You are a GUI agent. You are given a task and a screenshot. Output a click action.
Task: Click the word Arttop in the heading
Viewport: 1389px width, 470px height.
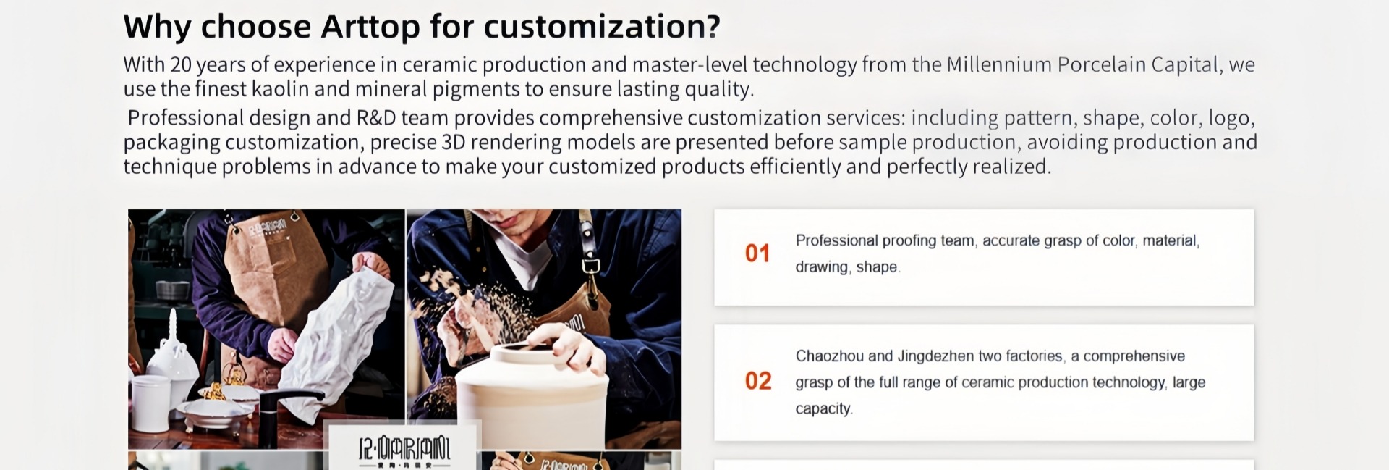[x=370, y=28]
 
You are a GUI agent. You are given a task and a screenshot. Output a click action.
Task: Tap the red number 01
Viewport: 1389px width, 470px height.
[x=757, y=253]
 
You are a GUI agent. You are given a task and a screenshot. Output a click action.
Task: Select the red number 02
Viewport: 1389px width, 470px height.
[x=758, y=381]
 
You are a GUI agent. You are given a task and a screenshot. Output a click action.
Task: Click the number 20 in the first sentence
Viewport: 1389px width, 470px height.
[x=181, y=64]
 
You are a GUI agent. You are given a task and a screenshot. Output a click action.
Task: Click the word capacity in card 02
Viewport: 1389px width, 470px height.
[x=823, y=409]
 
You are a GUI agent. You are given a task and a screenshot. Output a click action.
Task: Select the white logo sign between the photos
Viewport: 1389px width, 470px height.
[x=404, y=446]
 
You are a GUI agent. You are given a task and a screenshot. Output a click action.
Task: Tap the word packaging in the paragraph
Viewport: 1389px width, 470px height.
[x=171, y=143]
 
